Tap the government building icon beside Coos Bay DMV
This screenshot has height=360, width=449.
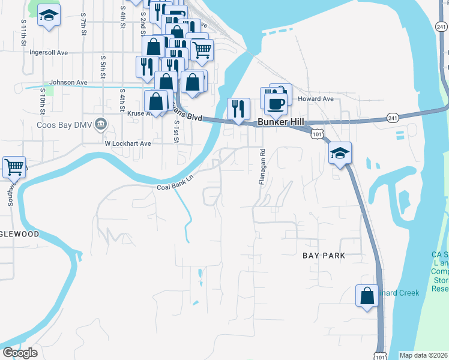coord(101,124)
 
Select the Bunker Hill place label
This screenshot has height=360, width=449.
coord(278,122)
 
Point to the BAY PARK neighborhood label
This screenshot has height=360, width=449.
coord(324,256)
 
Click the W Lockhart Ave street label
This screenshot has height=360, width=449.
coord(128,143)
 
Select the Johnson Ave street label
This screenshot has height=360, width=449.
coord(68,82)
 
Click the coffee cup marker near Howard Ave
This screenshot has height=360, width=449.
coord(276,103)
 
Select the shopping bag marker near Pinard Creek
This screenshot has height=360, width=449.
coord(367,295)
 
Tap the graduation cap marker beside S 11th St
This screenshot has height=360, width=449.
coord(49,16)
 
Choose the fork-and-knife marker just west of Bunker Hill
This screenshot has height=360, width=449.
coord(238,109)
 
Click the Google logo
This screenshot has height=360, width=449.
coord(20,353)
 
